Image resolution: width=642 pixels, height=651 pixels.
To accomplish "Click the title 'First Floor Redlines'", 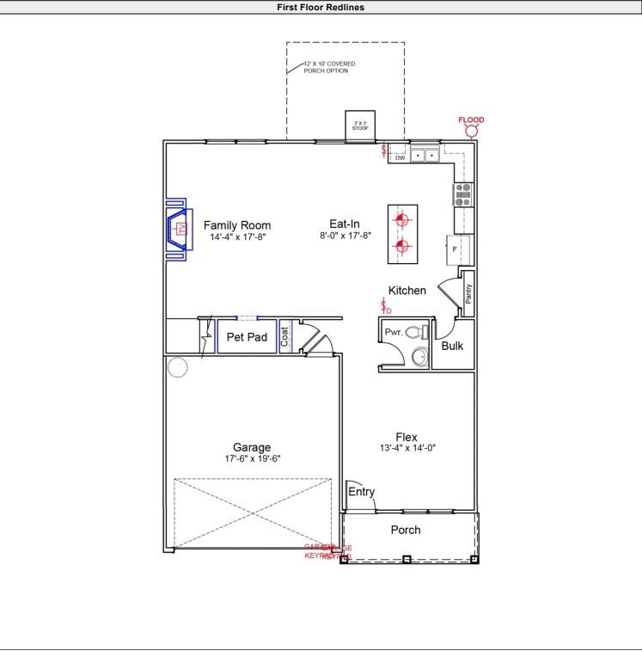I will pos(321,7).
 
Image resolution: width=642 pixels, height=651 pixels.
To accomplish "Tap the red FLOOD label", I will pos(471,120).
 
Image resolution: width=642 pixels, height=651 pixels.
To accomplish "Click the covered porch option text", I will pos(328,67).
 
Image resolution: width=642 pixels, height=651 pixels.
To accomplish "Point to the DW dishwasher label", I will pos(400,157).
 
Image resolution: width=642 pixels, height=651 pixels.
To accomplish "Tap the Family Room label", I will pos(236,225).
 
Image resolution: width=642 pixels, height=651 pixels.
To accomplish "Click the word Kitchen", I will pos(407,291).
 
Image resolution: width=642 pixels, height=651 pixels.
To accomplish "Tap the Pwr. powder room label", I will pos(394,332).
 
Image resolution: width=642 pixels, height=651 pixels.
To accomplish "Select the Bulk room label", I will pos(452,347).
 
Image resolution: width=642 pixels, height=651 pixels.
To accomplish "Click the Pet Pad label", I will pos(247,337).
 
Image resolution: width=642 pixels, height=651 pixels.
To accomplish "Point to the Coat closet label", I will pos(285,336).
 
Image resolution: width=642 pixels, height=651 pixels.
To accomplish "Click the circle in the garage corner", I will pos(177,368).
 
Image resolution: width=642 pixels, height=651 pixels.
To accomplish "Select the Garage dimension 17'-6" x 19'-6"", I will pos(252,458).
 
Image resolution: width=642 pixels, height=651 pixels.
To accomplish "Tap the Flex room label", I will pos(407,437).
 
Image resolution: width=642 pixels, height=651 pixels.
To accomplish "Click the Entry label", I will pos(361,492).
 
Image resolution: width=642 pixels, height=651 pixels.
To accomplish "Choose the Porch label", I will pos(406,530).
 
